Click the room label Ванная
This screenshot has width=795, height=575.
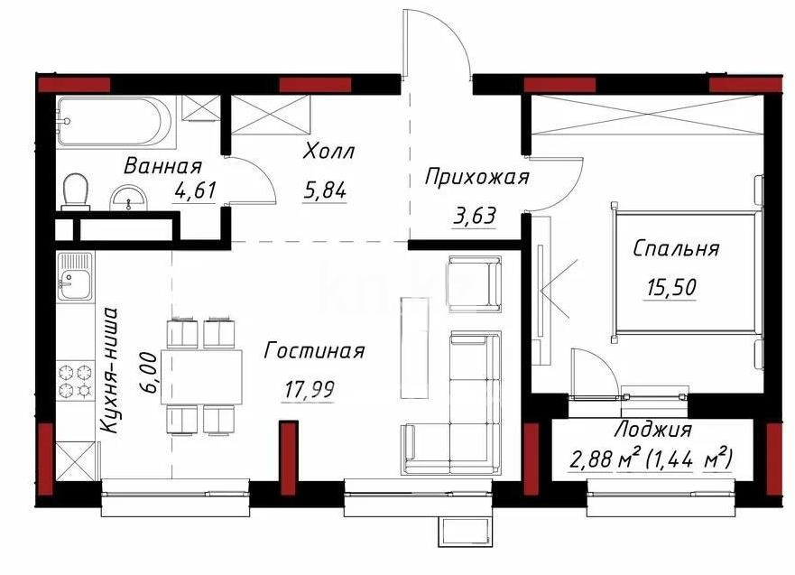coord(162,166)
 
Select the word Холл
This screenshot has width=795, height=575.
coord(328,152)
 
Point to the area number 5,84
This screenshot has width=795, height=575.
coord(326,190)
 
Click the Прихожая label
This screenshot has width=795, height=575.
coord(476,177)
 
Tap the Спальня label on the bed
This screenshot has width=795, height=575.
coord(675,248)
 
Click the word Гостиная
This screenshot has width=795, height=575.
coord(313,351)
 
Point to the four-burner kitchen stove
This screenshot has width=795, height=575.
coord(73,380)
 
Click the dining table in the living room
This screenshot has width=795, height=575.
coord(202,376)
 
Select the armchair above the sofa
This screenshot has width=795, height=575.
coord(474,283)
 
